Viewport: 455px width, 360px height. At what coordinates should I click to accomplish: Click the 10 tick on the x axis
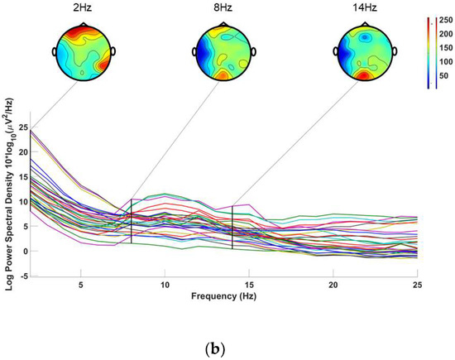coord(165,285)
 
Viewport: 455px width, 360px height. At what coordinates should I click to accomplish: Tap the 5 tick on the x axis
coord(80,285)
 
